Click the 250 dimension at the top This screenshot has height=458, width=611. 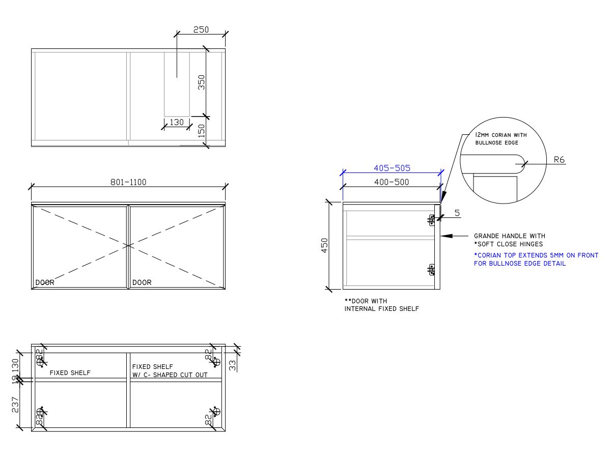pos(201,30)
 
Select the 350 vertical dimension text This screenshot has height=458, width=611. pos(202,82)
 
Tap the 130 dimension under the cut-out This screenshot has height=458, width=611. pos(176,122)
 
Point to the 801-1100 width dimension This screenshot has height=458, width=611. pos(128,182)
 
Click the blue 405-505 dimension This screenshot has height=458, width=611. pos(392,167)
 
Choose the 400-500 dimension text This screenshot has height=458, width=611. pos(392,182)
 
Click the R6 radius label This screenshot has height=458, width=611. pos(559,160)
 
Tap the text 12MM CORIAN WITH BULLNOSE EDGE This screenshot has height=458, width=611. pos(501,139)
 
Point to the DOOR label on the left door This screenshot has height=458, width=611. pos(44,282)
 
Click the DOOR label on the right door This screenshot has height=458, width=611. pos(142,282)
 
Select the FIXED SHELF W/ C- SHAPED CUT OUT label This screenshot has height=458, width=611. pos(170,370)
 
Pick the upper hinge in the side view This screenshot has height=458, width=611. pos(432,220)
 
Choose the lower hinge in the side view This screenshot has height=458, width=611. pos(432,270)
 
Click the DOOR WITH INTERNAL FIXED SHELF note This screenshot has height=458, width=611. pos(381,305)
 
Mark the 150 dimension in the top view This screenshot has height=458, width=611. pos(202,131)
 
